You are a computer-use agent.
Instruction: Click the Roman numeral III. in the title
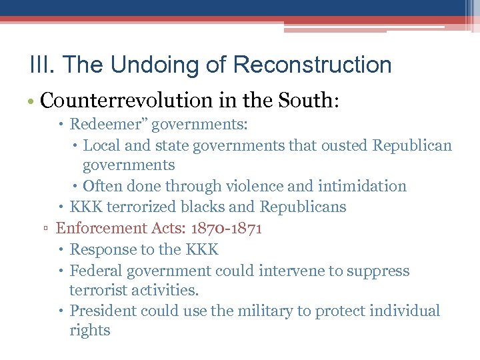pyautogui.click(x=39, y=65)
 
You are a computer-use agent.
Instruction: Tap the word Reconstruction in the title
pyautogui.click(x=313, y=65)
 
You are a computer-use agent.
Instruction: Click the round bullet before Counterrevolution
pyautogui.click(x=33, y=101)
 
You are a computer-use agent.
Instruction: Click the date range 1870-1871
pyautogui.click(x=226, y=228)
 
